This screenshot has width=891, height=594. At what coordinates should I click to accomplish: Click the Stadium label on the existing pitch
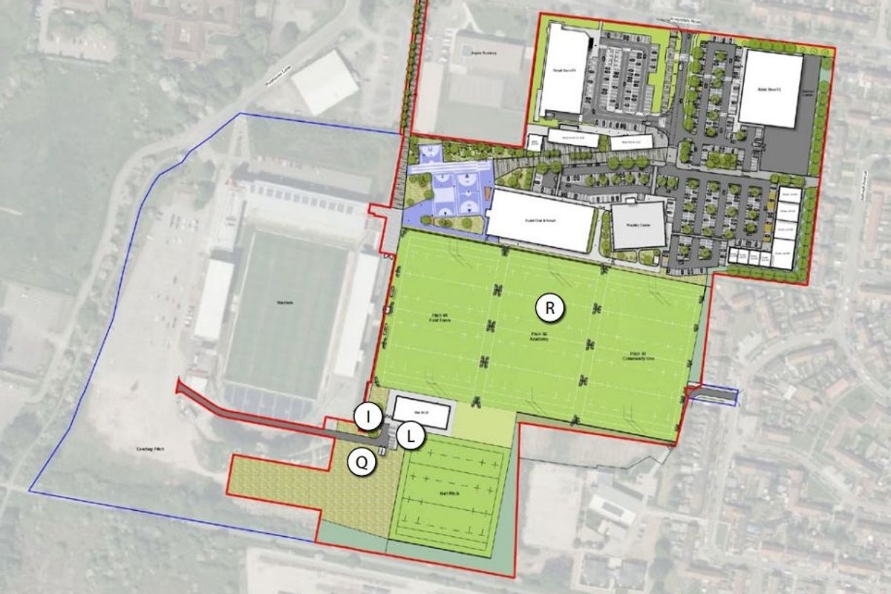pos(287,304)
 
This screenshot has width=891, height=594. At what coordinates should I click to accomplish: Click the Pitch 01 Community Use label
pos(639,356)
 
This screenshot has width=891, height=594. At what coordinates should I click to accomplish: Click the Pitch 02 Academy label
pos(543,337)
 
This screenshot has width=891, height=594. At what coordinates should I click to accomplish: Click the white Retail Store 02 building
pos(770,88)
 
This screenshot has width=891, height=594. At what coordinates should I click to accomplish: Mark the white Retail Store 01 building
pos(564,74)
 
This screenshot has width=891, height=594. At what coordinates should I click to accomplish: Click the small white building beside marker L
pos(422,412)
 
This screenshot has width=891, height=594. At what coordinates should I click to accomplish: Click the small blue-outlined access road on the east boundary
pos(712,396)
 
